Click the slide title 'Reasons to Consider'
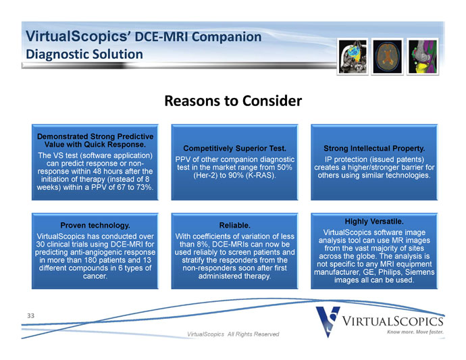click(x=233, y=101)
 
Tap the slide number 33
click(x=30, y=315)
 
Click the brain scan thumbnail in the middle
click(x=387, y=57)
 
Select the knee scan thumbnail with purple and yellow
click(x=422, y=57)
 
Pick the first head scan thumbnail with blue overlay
click(x=353, y=57)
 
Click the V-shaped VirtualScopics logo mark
click(x=328, y=322)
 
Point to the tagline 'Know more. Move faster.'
click(x=415, y=332)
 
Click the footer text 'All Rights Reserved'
click(x=253, y=334)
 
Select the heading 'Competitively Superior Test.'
click(x=234, y=149)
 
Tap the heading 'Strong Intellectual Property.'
click(x=374, y=149)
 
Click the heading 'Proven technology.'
click(x=95, y=226)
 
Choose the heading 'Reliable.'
click(x=235, y=226)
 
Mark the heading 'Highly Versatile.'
click(x=374, y=222)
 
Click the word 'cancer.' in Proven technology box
click(x=95, y=276)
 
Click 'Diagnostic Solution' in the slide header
click(x=84, y=55)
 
